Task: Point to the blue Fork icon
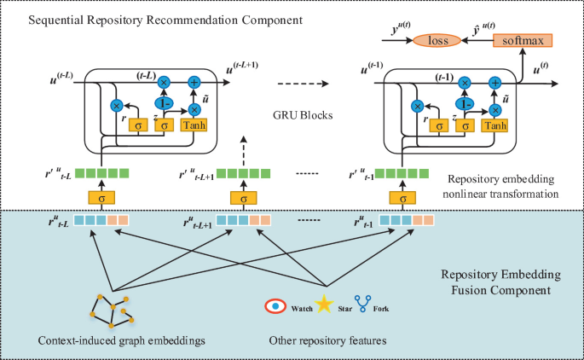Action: pos(361,303)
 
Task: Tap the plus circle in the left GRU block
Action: pos(194,83)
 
